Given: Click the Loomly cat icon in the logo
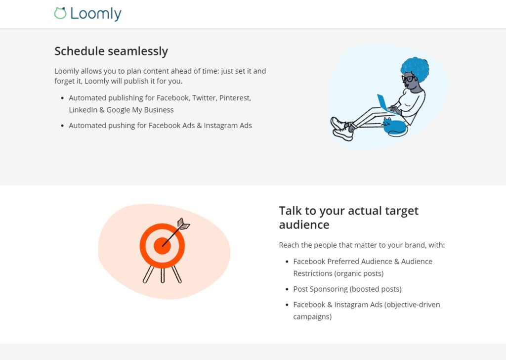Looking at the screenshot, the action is click(60, 13).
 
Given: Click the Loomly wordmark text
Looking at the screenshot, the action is click(96, 14).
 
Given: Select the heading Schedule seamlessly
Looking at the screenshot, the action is click(111, 51).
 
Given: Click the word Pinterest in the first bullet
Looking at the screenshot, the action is click(235, 98).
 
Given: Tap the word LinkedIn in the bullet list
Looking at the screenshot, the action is click(83, 110).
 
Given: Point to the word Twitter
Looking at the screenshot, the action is click(205, 98).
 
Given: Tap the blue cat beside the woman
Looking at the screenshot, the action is click(394, 127).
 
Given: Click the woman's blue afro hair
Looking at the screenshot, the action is click(415, 69).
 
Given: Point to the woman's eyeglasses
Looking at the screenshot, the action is click(408, 79).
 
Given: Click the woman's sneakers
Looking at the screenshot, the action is click(341, 129).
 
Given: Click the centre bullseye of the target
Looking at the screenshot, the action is click(162, 246).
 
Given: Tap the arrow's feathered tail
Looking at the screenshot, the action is click(183, 224).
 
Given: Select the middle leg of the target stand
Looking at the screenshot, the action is click(163, 275).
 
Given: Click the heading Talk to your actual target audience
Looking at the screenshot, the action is click(348, 218).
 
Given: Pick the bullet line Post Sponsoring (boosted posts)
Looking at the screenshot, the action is click(347, 289).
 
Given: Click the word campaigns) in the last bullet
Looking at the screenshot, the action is click(312, 316).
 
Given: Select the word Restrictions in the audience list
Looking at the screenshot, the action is click(312, 273).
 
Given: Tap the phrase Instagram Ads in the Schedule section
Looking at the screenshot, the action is click(228, 125).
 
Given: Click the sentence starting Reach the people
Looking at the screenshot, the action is click(362, 245).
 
